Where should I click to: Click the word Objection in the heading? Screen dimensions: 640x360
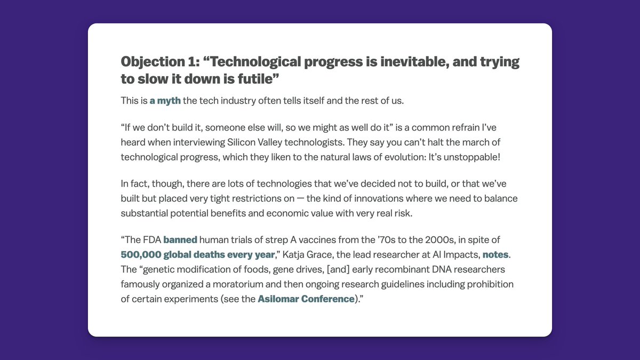click(x=153, y=62)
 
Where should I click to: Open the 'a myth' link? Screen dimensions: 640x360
click(x=165, y=101)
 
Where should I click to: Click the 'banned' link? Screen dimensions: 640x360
click(x=180, y=239)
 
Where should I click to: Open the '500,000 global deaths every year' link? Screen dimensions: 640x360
click(x=198, y=254)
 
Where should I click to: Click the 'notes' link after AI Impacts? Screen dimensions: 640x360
click(x=495, y=254)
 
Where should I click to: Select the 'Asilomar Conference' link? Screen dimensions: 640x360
click(x=306, y=299)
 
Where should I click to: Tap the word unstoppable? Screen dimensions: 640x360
click(x=470, y=157)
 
